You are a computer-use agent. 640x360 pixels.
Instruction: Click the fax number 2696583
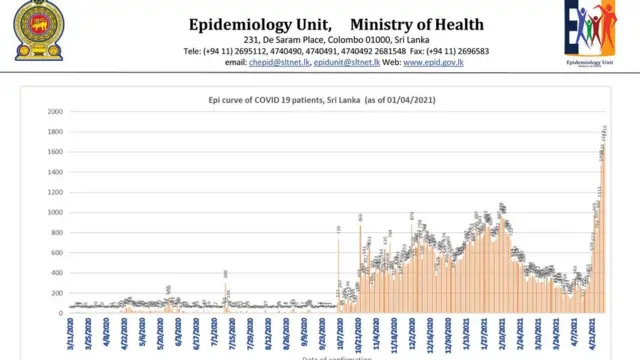(467, 50)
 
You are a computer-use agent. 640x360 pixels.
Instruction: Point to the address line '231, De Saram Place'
(289, 38)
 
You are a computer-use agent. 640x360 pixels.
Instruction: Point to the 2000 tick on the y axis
(54, 111)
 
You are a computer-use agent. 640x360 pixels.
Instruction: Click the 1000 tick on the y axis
(54, 212)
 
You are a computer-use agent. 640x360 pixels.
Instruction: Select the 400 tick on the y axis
(56, 272)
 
